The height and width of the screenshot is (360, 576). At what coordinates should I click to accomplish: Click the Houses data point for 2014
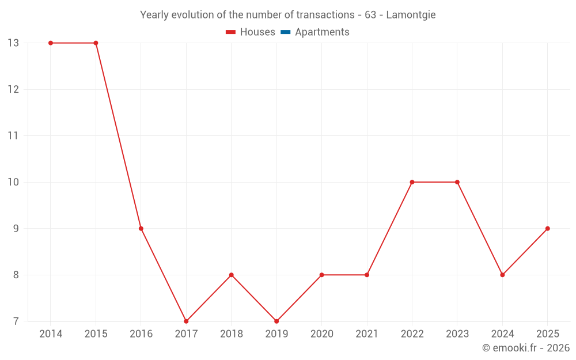pyautogui.click(x=51, y=43)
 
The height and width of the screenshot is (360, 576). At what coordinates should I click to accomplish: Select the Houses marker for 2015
pyautogui.click(x=96, y=43)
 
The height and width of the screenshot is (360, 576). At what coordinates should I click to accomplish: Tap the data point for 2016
pyautogui.click(x=141, y=229)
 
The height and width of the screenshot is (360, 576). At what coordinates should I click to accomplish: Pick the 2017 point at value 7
pyautogui.click(x=186, y=321)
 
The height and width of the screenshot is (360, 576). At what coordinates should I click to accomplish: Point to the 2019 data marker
pyautogui.click(x=276, y=321)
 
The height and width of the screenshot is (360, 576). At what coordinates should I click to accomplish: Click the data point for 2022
pyautogui.click(x=412, y=182)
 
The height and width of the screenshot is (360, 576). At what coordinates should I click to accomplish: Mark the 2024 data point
pyautogui.click(x=502, y=275)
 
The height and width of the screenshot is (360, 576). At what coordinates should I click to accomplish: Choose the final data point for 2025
pyautogui.click(x=548, y=229)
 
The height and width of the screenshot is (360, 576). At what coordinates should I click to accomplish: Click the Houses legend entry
pyautogui.click(x=251, y=32)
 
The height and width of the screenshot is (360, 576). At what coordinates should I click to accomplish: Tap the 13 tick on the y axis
pyautogui.click(x=13, y=43)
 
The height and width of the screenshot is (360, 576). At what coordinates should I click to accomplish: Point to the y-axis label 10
pyautogui.click(x=13, y=182)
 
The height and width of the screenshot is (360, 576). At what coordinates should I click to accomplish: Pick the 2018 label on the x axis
pyautogui.click(x=231, y=334)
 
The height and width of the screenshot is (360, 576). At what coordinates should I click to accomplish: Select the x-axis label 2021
pyautogui.click(x=367, y=334)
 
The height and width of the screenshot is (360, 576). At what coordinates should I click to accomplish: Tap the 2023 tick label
pyautogui.click(x=457, y=334)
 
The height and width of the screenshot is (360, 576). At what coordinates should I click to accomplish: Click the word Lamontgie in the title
pyautogui.click(x=411, y=15)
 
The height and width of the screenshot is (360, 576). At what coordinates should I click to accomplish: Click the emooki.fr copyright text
pyautogui.click(x=526, y=348)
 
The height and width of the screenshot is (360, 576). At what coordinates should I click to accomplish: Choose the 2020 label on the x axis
pyautogui.click(x=321, y=334)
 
